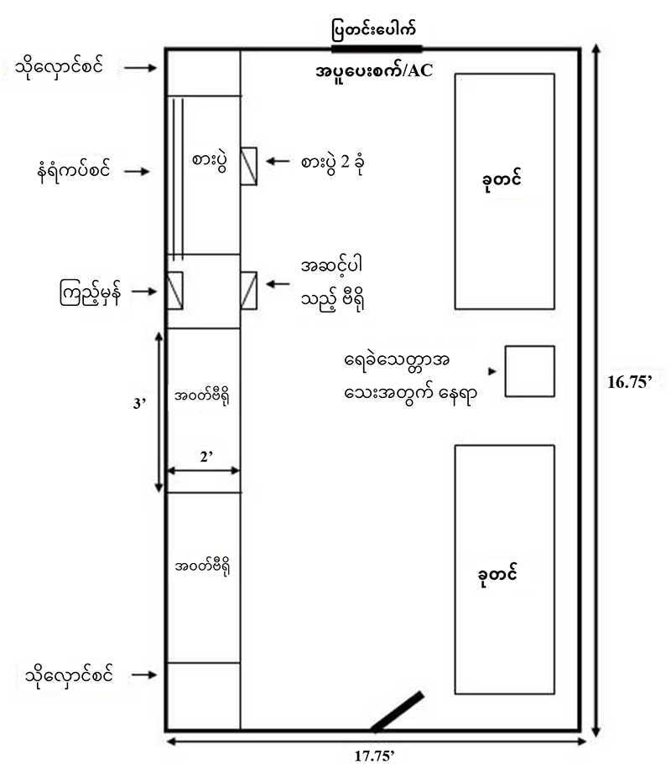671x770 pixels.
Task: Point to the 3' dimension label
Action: [x=140, y=403]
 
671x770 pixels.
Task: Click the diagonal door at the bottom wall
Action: [x=397, y=711]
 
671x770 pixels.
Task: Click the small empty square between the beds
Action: [x=529, y=370]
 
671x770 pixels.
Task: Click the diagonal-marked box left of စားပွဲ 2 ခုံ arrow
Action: [x=248, y=166]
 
